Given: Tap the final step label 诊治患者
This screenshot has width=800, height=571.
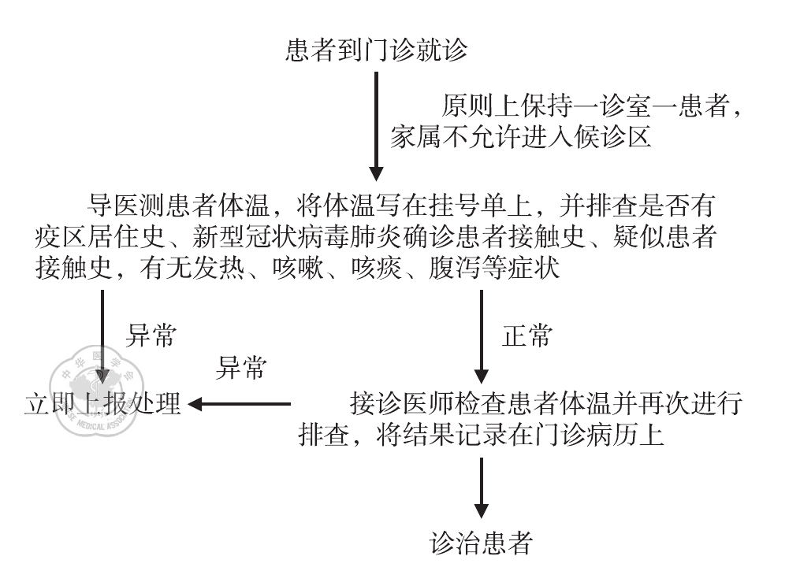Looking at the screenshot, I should pyautogui.click(x=481, y=543).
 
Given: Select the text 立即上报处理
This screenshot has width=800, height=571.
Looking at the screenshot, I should pyautogui.click(x=102, y=404).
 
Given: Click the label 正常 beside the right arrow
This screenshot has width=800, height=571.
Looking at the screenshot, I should pyautogui.click(x=527, y=337).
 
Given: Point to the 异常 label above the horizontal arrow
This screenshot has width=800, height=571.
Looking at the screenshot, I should pyautogui.click(x=241, y=367).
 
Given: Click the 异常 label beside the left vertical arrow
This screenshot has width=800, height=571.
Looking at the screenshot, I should pyautogui.click(x=151, y=337).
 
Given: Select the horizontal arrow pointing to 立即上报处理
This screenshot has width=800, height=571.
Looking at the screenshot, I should pyautogui.click(x=240, y=405).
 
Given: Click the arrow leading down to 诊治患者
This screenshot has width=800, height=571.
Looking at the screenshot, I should pyautogui.click(x=482, y=489).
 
